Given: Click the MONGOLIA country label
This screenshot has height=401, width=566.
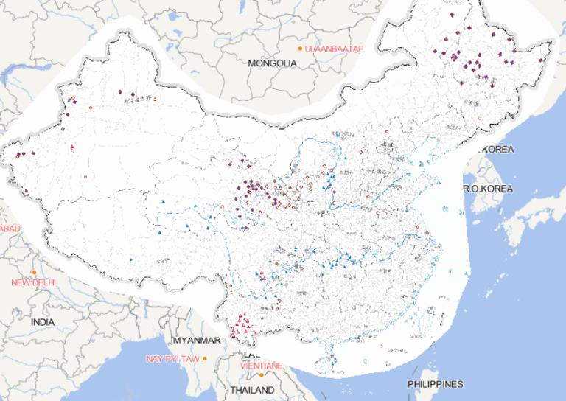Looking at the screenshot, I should [272, 63].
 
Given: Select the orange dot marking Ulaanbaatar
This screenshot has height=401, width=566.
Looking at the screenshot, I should [300, 49].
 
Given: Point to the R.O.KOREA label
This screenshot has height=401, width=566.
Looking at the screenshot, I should [487, 189].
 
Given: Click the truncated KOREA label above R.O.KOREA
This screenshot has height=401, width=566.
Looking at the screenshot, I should [497, 150].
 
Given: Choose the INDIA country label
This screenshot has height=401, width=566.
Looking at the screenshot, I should [43, 322].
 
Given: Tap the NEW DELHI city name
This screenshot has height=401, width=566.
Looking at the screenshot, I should [34, 282].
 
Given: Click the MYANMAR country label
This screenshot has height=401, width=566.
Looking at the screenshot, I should [196, 341].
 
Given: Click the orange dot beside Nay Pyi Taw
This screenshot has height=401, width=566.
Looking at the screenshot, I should [206, 358].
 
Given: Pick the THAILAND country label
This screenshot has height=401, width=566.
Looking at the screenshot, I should [252, 390].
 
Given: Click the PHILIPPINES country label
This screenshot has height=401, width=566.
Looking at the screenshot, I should [435, 384].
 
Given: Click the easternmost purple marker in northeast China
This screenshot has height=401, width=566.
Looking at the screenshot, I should [542, 60].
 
